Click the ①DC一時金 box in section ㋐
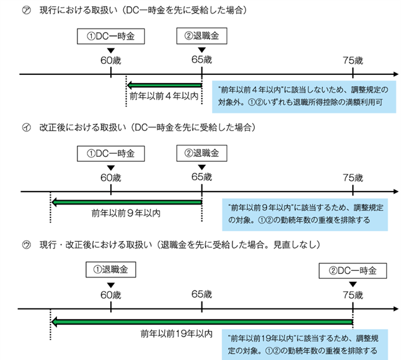click(x=111, y=37)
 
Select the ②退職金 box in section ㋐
click(x=202, y=36)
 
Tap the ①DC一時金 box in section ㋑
click(x=111, y=154)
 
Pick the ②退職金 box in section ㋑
click(x=202, y=153)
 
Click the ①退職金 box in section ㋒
click(x=111, y=270)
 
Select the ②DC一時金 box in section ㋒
click(x=353, y=271)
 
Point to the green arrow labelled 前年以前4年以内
click(x=164, y=85)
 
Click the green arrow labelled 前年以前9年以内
click(x=126, y=203)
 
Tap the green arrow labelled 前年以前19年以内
click(x=202, y=322)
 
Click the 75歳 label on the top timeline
click(x=353, y=61)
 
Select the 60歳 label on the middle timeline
click(x=111, y=178)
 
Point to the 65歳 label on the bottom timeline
click(x=202, y=294)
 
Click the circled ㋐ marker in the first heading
click(x=27, y=11)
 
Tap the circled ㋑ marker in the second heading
click(x=27, y=127)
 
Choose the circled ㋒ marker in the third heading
click(x=27, y=245)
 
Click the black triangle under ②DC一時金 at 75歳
click(x=353, y=284)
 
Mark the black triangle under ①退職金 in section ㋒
click(x=111, y=285)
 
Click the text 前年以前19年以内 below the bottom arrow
click(x=177, y=333)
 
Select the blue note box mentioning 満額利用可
click(x=304, y=97)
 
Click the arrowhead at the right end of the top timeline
click(x=396, y=74)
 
